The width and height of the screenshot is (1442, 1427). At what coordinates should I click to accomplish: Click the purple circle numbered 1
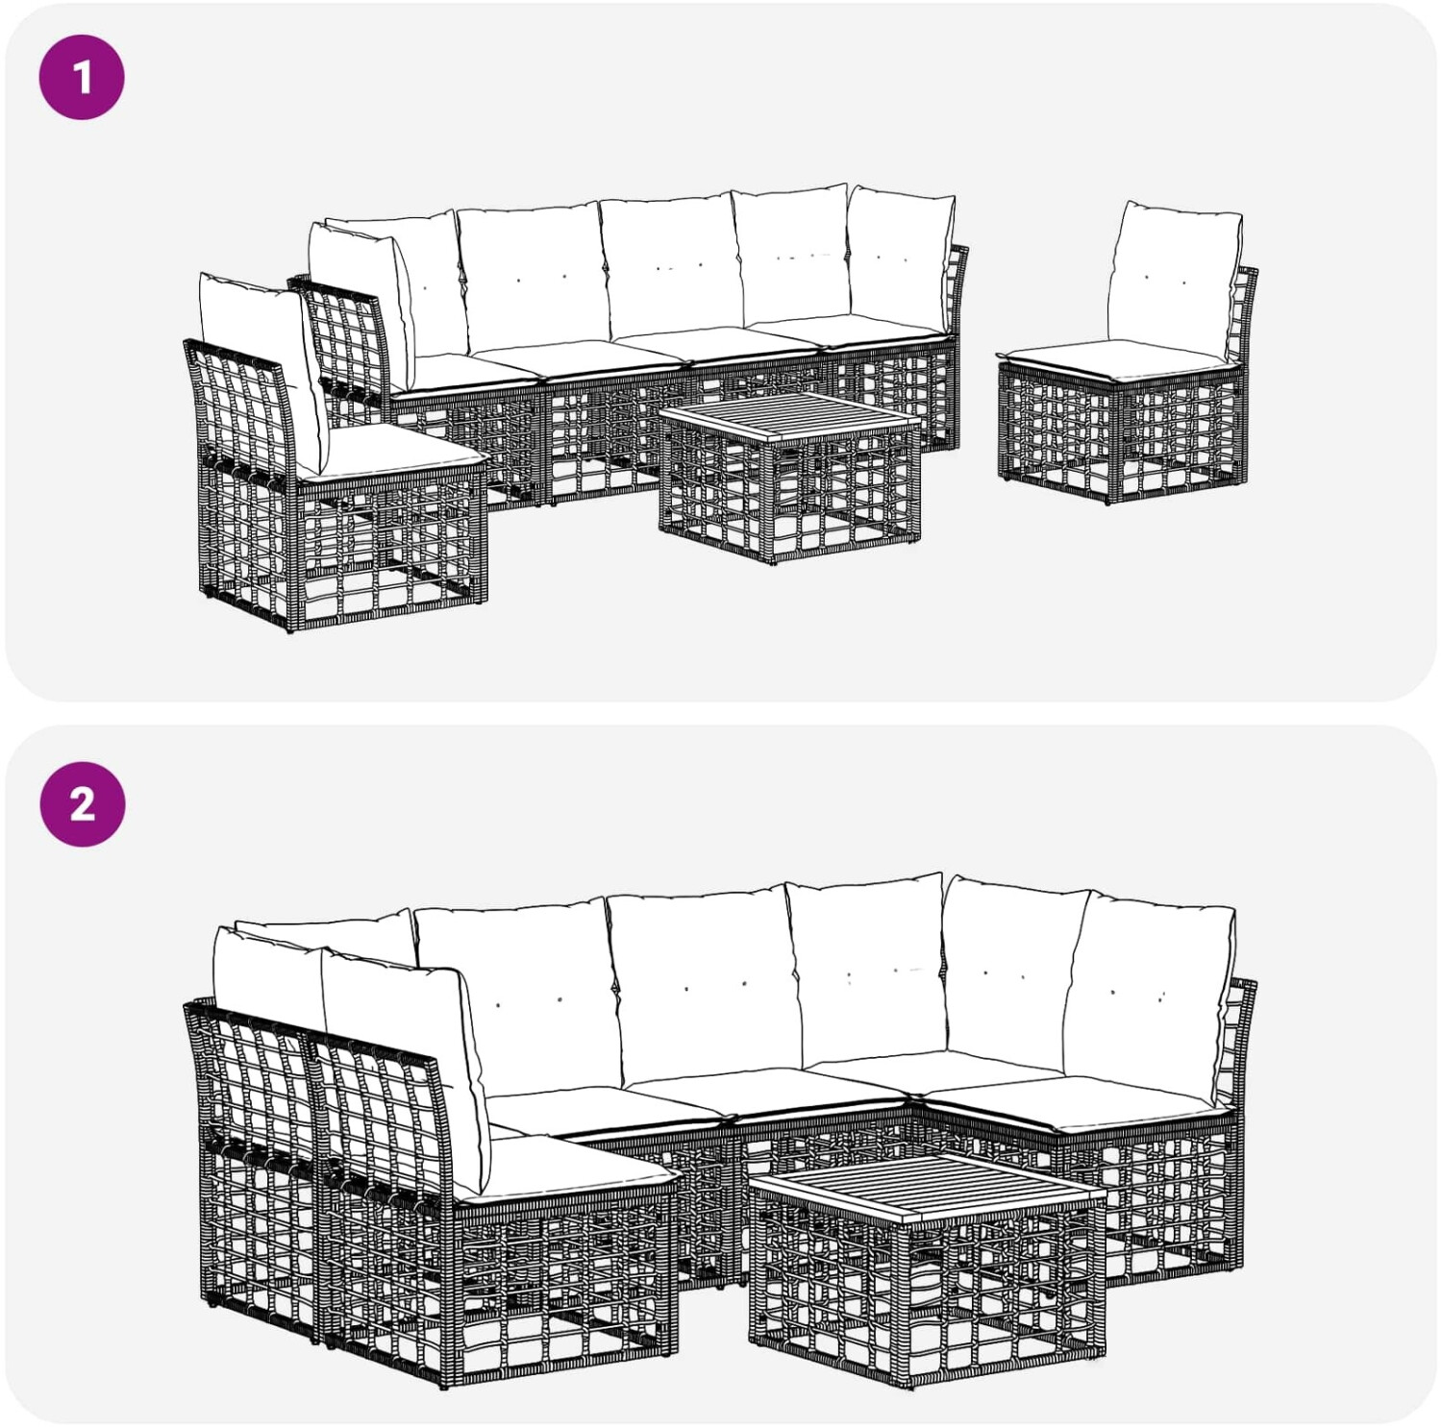click(x=82, y=77)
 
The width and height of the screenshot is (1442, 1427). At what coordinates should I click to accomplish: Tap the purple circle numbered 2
click(x=82, y=804)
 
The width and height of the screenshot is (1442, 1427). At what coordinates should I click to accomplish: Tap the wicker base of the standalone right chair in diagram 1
click(x=1123, y=432)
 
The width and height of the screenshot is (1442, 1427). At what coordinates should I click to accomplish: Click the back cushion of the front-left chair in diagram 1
click(x=264, y=370)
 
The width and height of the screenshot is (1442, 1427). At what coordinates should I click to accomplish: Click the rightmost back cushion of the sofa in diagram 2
click(x=1149, y=995)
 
